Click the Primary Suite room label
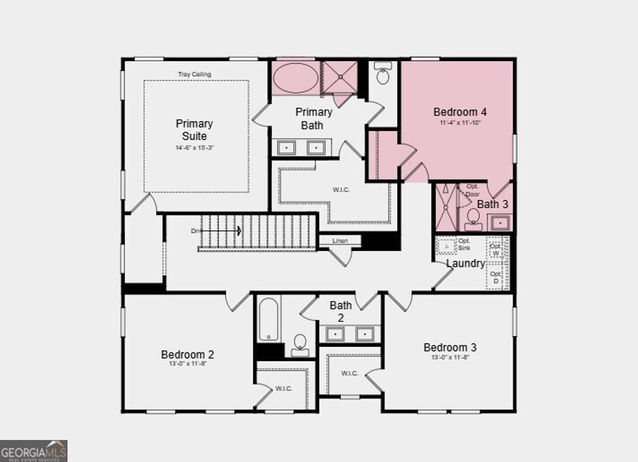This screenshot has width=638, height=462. click(x=194, y=130)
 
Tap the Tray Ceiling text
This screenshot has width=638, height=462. click(x=194, y=74)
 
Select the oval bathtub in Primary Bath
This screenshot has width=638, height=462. click(x=296, y=78)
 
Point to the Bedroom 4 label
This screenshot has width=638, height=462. click(x=460, y=112)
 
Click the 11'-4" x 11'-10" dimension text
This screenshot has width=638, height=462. click(x=460, y=123)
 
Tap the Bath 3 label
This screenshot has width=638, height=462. click(x=492, y=204)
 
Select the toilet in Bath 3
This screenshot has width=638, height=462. click(x=474, y=218)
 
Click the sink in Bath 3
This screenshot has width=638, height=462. click(x=500, y=222)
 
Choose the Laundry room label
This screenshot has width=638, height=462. click(x=465, y=263)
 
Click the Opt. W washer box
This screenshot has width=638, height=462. click(x=495, y=250)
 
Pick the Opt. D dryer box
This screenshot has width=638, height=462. click(x=495, y=277)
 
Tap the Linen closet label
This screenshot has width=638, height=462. click(x=340, y=240)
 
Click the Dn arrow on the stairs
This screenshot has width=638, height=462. click(x=218, y=231)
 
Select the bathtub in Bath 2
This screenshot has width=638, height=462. click(x=269, y=319)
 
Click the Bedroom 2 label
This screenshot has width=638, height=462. click(x=188, y=354)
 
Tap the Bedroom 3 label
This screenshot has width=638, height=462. click(x=450, y=347)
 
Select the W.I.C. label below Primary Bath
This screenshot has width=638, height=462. click(x=341, y=189)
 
